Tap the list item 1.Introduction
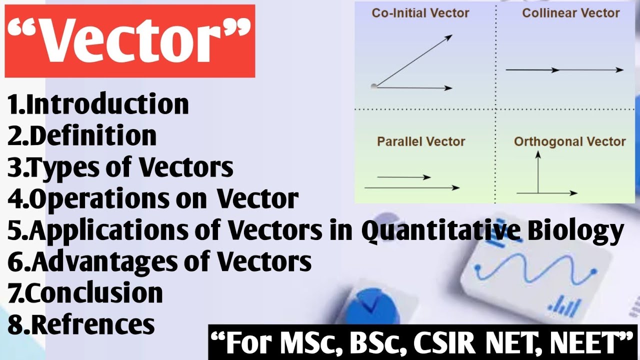coord(98,104)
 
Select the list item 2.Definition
coord(82,135)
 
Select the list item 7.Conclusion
coord(85,292)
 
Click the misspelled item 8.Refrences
coord(81,324)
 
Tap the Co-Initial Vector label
coord(420,13)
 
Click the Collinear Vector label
coord(571,13)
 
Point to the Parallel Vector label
coord(421,141)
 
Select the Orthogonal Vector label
coord(569,141)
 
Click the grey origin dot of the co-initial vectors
coord(374,86)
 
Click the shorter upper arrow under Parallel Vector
coord(403,177)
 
